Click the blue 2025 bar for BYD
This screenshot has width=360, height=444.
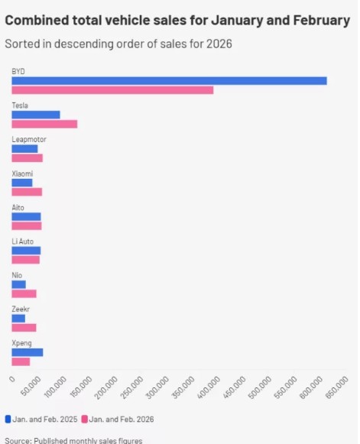[169, 81]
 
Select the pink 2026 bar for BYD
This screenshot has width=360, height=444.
[112, 90]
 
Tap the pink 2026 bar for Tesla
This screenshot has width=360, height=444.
[44, 124]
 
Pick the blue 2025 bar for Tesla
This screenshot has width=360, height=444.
[36, 115]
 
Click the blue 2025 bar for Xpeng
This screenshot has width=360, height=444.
[28, 352]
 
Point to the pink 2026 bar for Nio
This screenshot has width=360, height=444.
[24, 293]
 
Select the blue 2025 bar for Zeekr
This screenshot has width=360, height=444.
[18, 319]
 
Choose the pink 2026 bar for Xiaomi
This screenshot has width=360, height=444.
[27, 192]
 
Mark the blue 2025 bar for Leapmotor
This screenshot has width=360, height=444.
[24, 148]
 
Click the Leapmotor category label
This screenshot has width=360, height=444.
[25, 139]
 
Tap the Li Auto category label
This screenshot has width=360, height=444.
[22, 241]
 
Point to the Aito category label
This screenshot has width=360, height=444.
[18, 207]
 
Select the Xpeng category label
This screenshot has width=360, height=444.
[21, 343]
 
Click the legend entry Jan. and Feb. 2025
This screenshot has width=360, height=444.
[44, 420]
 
